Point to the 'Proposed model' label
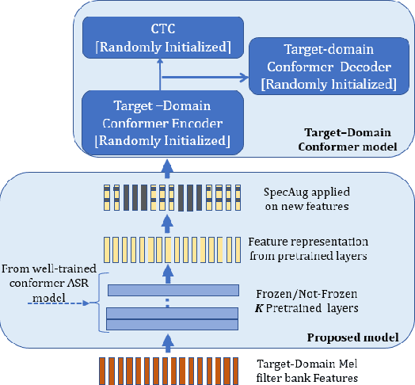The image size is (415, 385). tap(362, 337)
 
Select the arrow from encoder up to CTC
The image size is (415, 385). tap(160, 73)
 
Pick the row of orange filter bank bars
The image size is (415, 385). tap(168, 370)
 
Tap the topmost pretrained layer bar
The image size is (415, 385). tap(173, 291)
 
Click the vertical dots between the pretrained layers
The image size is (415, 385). tap(167, 303)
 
